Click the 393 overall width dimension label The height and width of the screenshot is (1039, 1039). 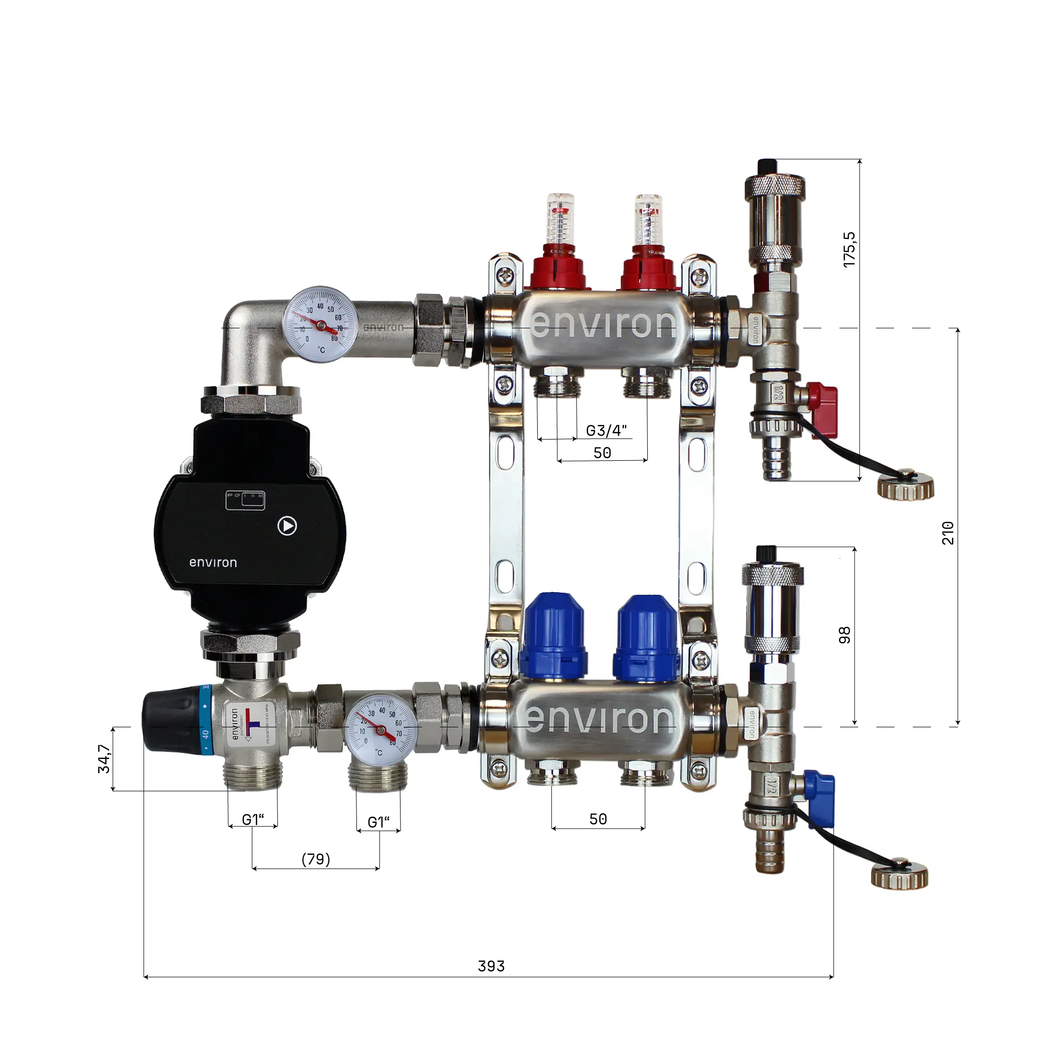[491, 966]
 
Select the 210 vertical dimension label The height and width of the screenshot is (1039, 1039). [948, 532]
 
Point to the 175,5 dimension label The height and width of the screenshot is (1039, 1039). [849, 249]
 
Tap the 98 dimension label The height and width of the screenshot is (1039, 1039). [844, 635]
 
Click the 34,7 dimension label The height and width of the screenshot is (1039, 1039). [104, 759]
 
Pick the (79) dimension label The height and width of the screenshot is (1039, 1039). [316, 859]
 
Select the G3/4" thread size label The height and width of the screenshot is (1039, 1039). [606, 431]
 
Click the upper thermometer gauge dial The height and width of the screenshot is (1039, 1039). [321, 324]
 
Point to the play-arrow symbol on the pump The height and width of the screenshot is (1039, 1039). [287, 525]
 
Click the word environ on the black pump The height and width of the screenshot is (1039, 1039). [213, 563]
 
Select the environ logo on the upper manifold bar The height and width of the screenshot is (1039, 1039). [603, 324]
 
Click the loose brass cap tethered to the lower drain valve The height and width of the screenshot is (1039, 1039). [899, 877]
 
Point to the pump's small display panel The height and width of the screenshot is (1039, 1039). [245, 500]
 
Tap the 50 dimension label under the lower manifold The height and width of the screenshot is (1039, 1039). [598, 819]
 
